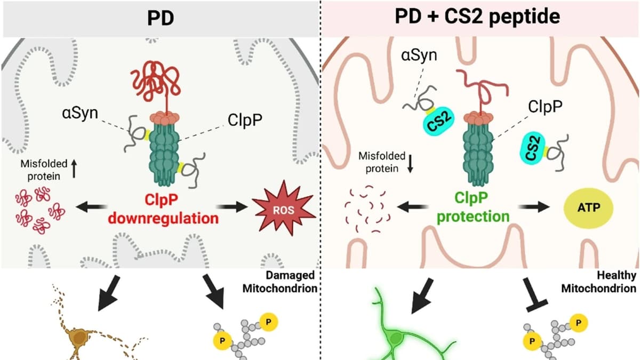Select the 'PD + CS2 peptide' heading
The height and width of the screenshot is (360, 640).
pos(477,17)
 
